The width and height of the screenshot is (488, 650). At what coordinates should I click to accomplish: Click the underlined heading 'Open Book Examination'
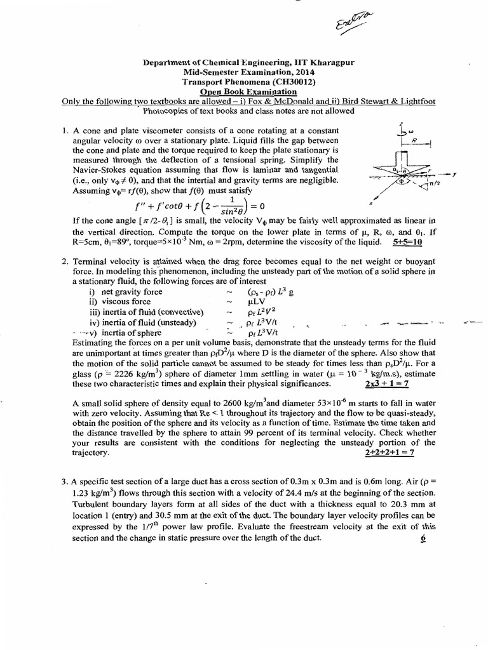coord(245,92)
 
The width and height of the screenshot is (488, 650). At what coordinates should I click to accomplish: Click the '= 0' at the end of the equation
coord(254,206)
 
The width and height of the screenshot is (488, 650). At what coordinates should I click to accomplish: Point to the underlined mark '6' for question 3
coord(422,538)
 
